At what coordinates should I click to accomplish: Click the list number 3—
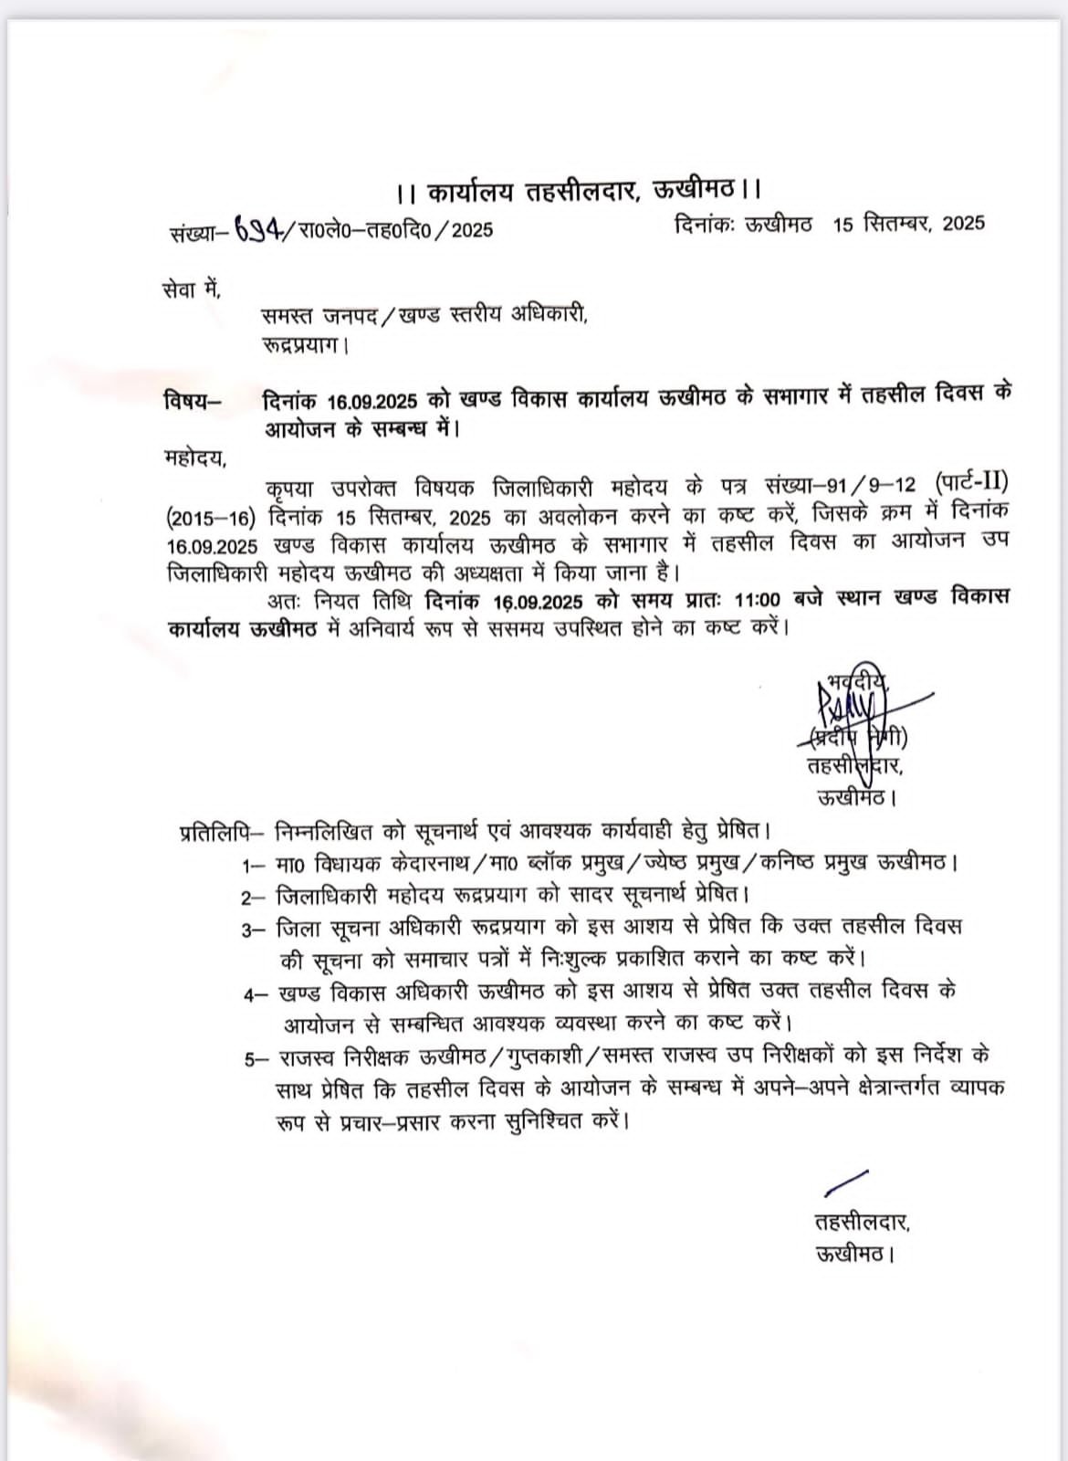click(x=253, y=930)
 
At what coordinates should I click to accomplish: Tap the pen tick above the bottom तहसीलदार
click(x=845, y=1182)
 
